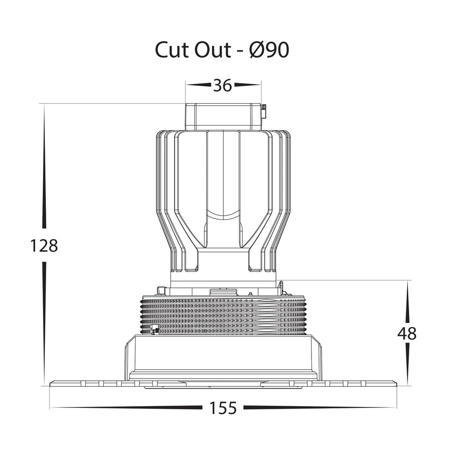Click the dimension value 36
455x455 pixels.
[223, 85]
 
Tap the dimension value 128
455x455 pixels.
[44, 245]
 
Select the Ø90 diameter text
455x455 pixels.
[269, 50]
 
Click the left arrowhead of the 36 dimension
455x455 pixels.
[199, 85]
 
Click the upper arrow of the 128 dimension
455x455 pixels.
[44, 167]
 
